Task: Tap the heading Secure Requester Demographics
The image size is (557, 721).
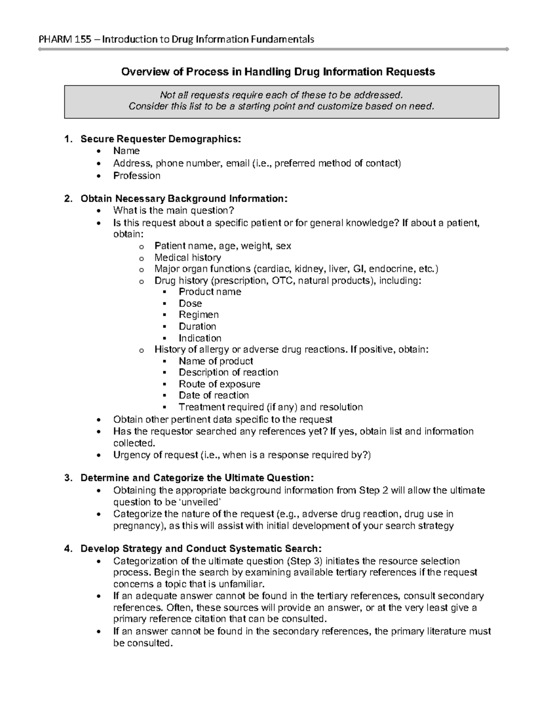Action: [161, 139]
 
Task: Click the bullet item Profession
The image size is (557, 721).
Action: [137, 175]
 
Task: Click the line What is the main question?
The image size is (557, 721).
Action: [170, 211]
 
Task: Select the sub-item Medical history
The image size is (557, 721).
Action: [188, 257]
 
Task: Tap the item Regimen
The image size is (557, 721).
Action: [199, 314]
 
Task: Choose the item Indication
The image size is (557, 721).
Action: [200, 338]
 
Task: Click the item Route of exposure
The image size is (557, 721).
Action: [219, 384]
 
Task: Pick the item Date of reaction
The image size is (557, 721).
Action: [214, 395]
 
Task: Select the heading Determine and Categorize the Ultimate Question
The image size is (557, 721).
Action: [197, 478]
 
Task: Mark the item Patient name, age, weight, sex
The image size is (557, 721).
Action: [222, 246]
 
